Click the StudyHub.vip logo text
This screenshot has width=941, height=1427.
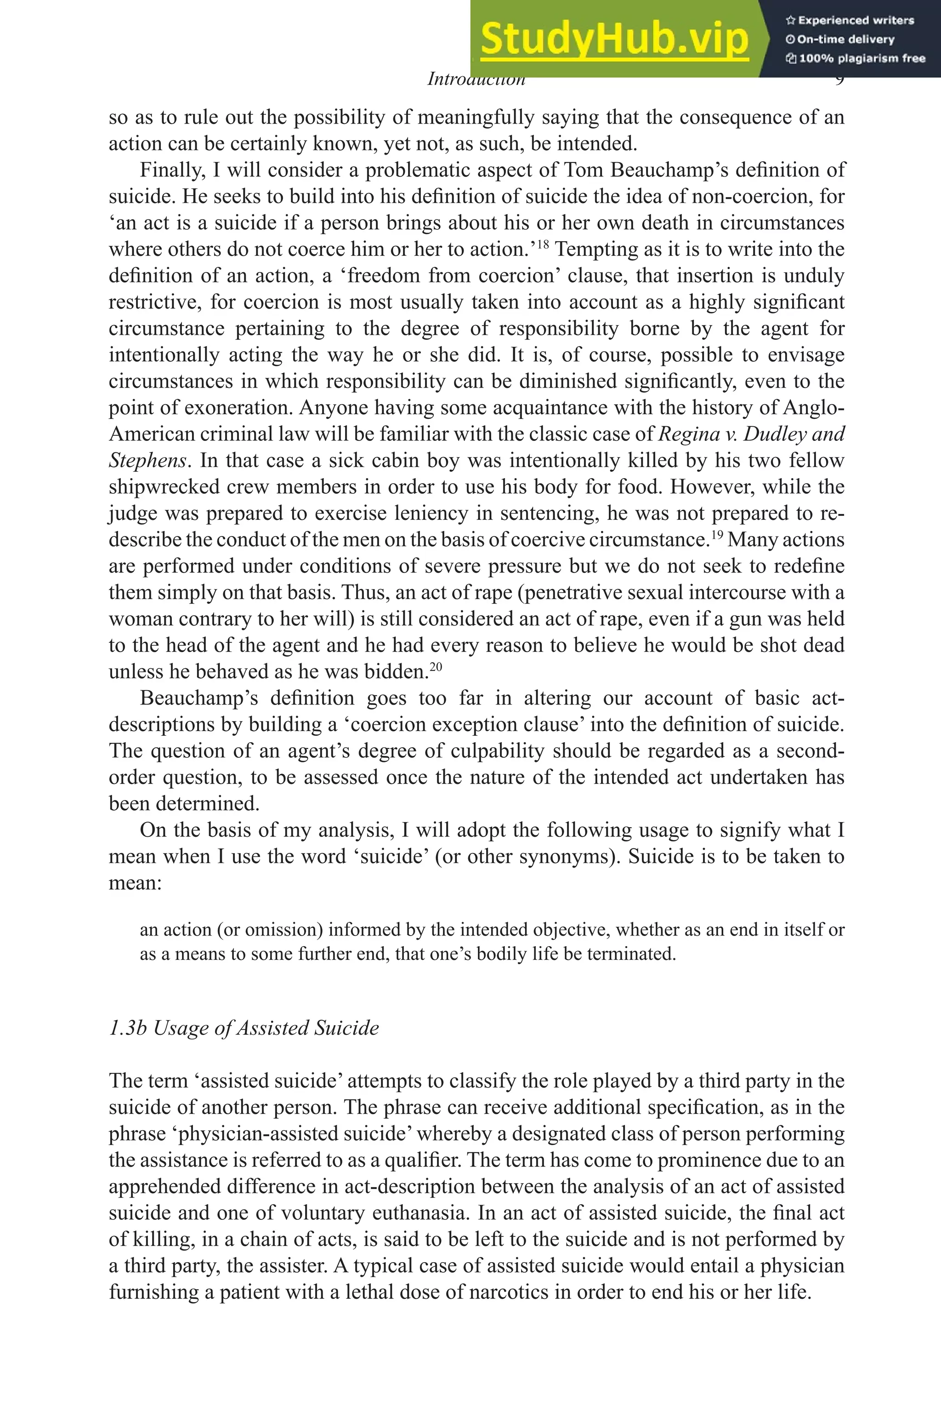pyautogui.click(x=614, y=39)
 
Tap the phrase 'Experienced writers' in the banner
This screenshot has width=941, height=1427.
pyautogui.click(x=855, y=20)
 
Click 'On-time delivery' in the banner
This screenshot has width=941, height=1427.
pyautogui.click(x=845, y=39)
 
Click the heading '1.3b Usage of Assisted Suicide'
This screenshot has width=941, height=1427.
pyautogui.click(x=244, y=1027)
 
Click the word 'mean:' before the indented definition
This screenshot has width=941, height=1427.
pyautogui.click(x=135, y=883)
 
